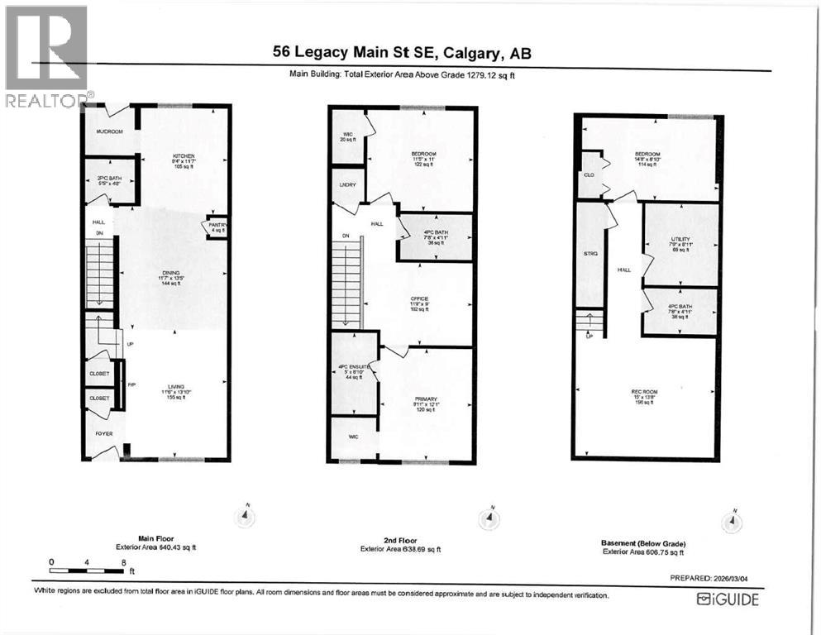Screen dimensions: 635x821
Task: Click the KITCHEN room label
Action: pos(182,155)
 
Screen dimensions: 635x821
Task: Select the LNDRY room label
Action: pos(346,185)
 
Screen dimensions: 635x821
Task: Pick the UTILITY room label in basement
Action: pos(680,239)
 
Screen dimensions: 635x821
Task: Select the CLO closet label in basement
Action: pos(589,175)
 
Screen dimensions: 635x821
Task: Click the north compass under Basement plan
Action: pos(730,522)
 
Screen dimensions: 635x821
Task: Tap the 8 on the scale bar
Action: pos(123,562)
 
